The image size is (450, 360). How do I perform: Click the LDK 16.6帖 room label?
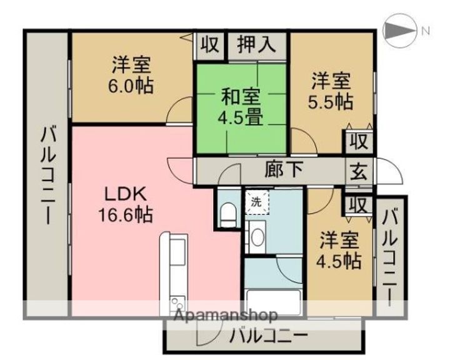tap(126, 204)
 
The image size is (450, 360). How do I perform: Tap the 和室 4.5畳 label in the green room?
tap(241, 107)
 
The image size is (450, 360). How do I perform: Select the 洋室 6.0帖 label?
tap(131, 74)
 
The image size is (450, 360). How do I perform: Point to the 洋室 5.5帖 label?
tap(331, 91)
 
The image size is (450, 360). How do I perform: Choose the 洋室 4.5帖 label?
tap(339, 250)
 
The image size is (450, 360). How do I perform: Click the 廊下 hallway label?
tap(284, 169)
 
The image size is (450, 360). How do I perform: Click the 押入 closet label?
tap(257, 45)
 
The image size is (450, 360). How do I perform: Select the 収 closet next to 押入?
tap(210, 45)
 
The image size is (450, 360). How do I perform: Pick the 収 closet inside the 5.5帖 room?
tap(359, 142)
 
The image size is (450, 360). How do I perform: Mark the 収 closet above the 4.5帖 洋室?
tap(359, 205)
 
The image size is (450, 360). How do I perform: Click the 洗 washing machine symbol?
tap(257, 202)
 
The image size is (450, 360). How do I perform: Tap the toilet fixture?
tap(228, 214)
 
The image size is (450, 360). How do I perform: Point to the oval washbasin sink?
tap(257, 237)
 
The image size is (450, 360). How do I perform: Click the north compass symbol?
tap(399, 31)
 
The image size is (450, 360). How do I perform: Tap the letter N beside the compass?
tap(426, 31)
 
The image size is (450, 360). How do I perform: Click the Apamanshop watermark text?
tap(226, 315)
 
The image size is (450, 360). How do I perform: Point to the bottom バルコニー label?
tap(268, 335)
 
